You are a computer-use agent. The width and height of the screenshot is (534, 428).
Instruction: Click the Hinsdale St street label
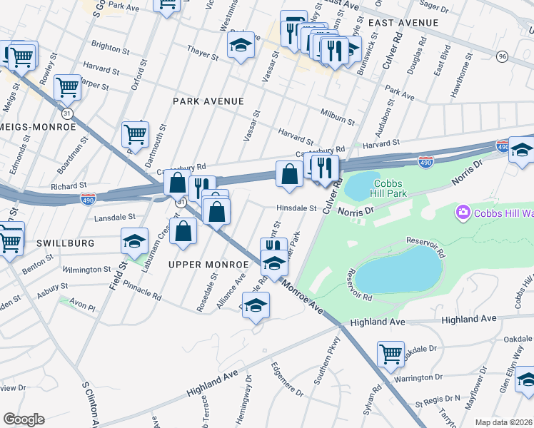tap(296, 208)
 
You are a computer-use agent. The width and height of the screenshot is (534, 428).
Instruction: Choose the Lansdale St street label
tap(114, 216)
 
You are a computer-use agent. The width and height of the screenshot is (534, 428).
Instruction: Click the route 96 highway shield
tap(502, 56)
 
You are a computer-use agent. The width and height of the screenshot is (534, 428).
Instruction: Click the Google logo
tap(24, 419)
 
